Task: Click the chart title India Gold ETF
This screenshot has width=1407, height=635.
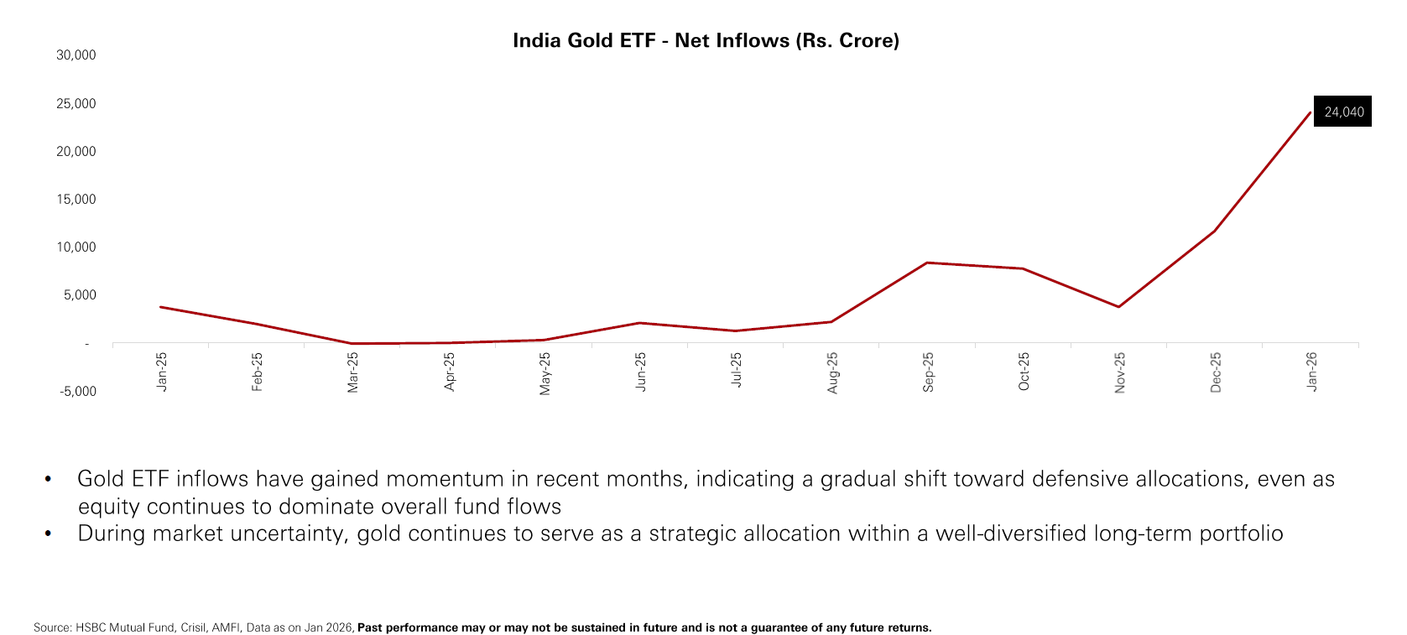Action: click(x=705, y=40)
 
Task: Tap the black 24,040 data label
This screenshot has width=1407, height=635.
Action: click(x=1343, y=112)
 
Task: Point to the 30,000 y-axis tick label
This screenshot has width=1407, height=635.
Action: click(x=76, y=55)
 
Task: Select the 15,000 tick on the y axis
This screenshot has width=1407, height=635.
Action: click(x=76, y=200)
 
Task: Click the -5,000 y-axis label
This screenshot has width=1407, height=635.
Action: click(x=77, y=392)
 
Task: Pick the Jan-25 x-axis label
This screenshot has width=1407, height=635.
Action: click(x=162, y=372)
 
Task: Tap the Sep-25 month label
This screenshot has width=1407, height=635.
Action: click(x=928, y=372)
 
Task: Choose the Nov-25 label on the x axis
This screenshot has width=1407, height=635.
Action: click(x=1119, y=372)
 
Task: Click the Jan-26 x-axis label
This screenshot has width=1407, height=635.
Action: click(x=1311, y=372)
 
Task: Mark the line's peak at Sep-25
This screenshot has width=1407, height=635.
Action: click(x=927, y=263)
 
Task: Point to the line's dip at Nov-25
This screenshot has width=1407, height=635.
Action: click(x=1118, y=307)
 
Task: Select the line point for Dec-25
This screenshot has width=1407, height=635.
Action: click(x=1214, y=231)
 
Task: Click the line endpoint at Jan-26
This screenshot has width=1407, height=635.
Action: click(x=1310, y=112)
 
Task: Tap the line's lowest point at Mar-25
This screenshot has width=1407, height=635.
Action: click(x=352, y=343)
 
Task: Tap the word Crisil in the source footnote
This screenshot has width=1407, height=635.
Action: click(x=193, y=627)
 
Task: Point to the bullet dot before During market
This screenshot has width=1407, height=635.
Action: click(x=48, y=534)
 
